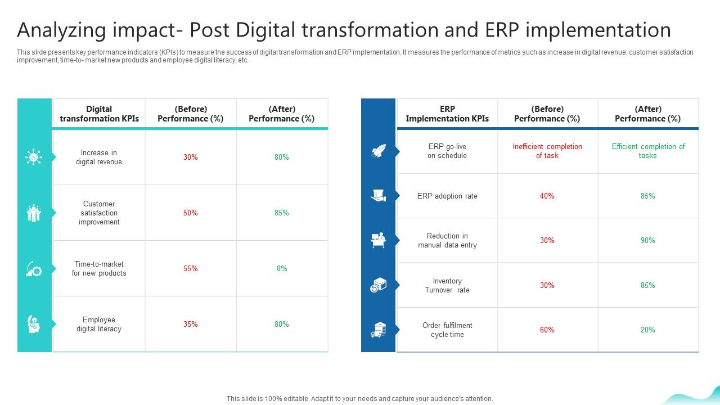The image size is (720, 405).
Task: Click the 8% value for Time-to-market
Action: [282, 269]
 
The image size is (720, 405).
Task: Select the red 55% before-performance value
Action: [191, 269]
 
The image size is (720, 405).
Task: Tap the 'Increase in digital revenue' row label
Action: [99, 157]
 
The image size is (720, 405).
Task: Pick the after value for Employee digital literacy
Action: [282, 324]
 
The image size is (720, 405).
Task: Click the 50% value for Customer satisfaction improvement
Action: [191, 213]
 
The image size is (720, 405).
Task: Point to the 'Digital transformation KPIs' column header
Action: [99, 114]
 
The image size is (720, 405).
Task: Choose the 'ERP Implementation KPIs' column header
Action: [447, 114]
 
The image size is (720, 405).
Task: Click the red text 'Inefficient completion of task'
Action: [547, 151]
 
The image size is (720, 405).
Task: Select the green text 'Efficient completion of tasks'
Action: [648, 151]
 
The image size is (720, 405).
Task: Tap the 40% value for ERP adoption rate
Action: [547, 196]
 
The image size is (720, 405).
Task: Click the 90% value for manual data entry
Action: [648, 241]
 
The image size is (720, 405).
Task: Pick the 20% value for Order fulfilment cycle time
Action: [648, 330]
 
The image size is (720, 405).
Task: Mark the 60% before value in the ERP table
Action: [547, 330]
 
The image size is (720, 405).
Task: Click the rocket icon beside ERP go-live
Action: [378, 151]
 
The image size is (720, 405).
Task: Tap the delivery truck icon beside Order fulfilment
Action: [378, 330]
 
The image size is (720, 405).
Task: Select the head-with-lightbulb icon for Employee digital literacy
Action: [34, 324]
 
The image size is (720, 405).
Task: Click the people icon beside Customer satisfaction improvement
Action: [34, 213]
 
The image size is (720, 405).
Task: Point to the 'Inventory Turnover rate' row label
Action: [447, 286]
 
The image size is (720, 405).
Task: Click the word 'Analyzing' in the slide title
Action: [58, 30]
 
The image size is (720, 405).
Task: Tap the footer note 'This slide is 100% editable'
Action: [359, 399]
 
